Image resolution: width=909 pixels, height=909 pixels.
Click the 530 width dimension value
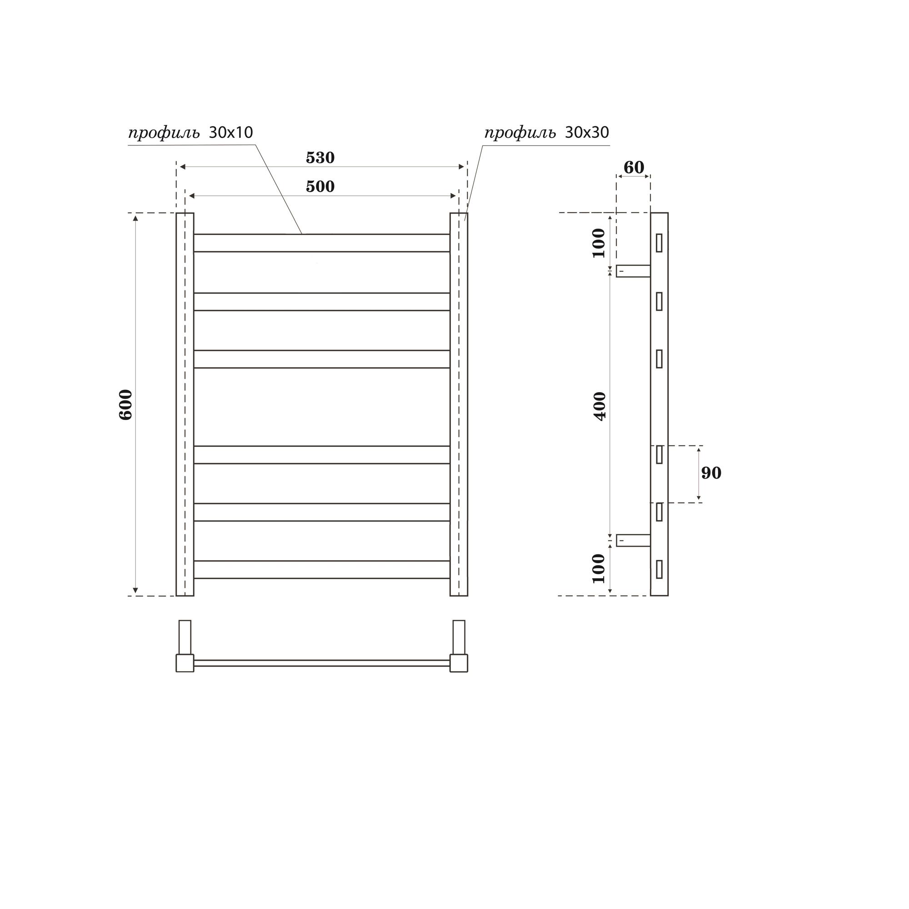pos(320,158)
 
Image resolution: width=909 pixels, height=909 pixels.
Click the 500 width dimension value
pos(320,187)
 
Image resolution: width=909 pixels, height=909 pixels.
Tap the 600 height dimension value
pos(125,404)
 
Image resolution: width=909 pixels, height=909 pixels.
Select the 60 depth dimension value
pos(633,167)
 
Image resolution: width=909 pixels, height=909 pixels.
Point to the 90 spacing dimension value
pos(710,473)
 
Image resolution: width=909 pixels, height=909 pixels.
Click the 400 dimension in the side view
pos(600,405)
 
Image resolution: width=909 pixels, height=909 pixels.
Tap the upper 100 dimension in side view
pos(599,243)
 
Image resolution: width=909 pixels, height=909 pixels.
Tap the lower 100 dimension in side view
pos(599,569)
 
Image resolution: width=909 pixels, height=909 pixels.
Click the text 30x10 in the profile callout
pos(230,133)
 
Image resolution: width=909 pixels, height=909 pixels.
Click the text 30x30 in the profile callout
pos(587,133)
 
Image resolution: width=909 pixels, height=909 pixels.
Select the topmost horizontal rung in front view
pos(321,243)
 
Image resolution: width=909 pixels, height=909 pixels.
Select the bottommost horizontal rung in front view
pos(321,569)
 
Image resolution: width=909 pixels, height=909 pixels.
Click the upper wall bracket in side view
pos(633,271)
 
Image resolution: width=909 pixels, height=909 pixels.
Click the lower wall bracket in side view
pos(633,540)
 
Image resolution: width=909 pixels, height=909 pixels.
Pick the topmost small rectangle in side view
pos(659,243)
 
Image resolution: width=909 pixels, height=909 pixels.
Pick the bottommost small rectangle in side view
pos(659,569)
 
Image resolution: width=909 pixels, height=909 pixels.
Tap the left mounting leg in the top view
pos(185,637)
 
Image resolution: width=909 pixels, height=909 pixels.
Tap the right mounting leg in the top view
pos(459,637)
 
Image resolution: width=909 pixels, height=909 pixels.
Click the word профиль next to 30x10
pos(164,134)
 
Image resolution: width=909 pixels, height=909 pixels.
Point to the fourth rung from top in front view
pos(321,454)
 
